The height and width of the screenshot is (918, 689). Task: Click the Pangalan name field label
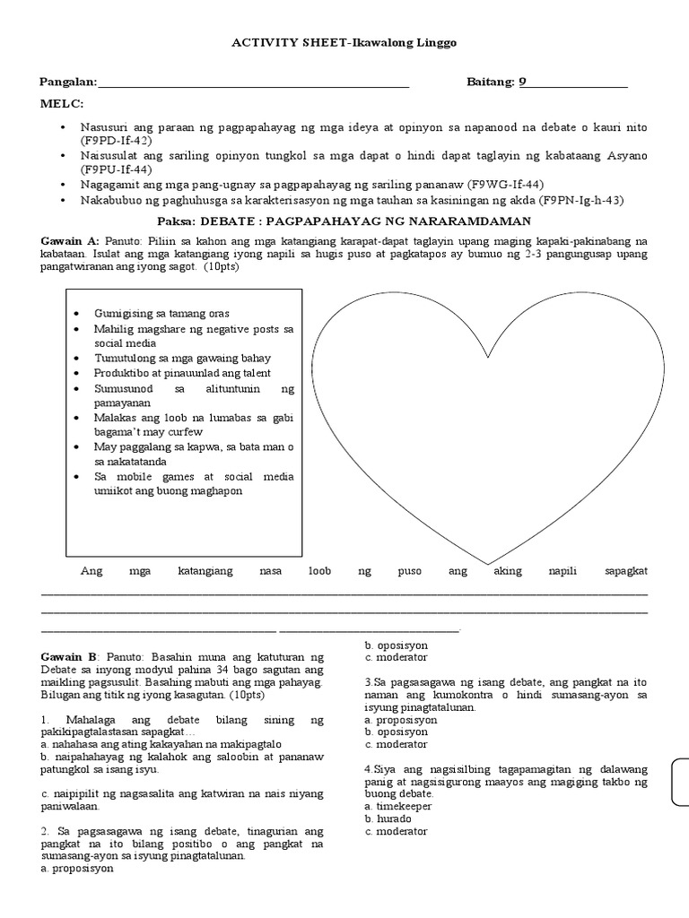coord(68,82)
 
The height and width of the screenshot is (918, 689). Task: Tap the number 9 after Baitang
coord(523,82)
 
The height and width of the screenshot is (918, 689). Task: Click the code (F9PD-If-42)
coord(115,141)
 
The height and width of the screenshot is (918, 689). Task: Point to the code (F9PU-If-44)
coord(115,169)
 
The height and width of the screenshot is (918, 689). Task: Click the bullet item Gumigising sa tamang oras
coord(161,313)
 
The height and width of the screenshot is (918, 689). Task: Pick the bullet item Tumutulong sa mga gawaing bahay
coord(182,357)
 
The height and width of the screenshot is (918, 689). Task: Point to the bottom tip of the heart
coord(487,559)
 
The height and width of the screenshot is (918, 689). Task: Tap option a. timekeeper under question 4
coord(398,806)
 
